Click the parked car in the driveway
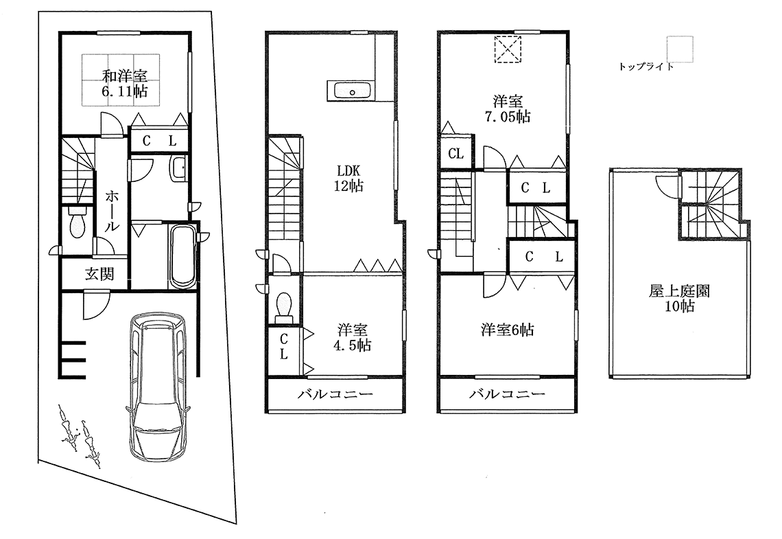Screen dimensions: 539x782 tap(158, 389)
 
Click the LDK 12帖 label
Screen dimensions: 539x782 tap(348, 177)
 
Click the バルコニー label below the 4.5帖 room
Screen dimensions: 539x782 tap(335, 395)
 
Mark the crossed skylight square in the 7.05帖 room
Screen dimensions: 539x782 tap(508, 49)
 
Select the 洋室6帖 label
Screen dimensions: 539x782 tap(506, 330)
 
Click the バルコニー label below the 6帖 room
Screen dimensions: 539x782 tap(507, 395)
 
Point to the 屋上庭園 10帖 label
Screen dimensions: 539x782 tap(680, 299)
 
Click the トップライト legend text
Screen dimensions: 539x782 tap(645, 67)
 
